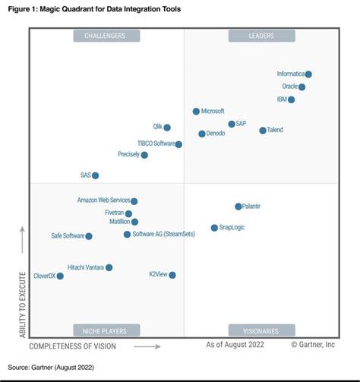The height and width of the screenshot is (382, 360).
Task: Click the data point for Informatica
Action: coord(308,74)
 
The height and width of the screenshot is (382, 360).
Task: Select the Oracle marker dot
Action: coord(302,87)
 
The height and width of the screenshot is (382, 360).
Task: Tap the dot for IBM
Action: coord(292,99)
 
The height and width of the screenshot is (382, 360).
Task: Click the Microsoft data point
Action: coord(196,112)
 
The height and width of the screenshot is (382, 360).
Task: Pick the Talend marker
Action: coord(263,131)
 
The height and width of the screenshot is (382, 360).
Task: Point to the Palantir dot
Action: coord(238,207)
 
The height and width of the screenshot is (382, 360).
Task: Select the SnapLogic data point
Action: coord(214,228)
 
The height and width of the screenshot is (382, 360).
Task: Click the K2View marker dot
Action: coord(172,275)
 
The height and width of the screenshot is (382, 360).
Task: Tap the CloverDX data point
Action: coord(60,276)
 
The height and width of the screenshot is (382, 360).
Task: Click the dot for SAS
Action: coord(96,175)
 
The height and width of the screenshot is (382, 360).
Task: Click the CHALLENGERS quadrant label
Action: coord(106,36)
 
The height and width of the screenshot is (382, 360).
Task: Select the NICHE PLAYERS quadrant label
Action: coord(106,330)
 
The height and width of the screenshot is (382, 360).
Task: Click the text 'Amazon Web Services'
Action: coord(103,200)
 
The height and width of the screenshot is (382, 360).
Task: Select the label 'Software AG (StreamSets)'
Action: coord(163,235)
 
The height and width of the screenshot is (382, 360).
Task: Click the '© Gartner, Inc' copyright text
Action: coord(313,346)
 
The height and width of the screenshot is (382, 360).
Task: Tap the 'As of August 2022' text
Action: coord(235,346)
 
